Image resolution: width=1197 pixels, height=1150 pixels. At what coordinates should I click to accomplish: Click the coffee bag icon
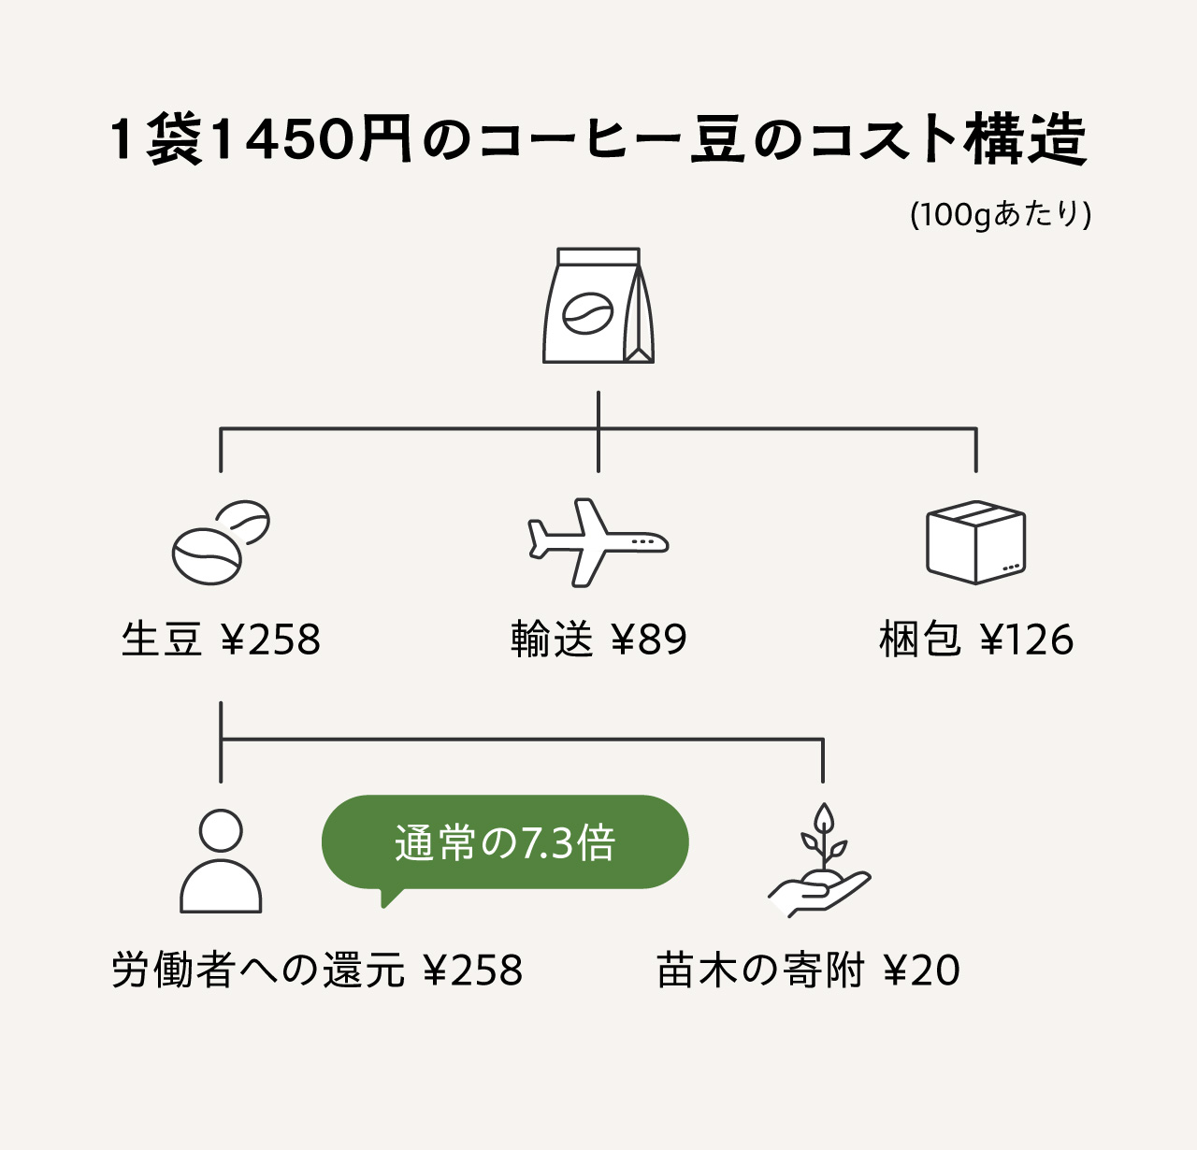pyautogui.click(x=598, y=306)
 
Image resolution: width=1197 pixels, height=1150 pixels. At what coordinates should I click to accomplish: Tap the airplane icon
pyautogui.click(x=598, y=542)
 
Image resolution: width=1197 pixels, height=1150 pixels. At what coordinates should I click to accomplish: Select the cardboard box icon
pyautogui.click(x=975, y=542)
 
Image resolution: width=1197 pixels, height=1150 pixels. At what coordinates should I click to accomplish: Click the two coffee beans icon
pyautogui.click(x=221, y=542)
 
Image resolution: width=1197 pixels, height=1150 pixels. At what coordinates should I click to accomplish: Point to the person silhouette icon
pyautogui.click(x=221, y=860)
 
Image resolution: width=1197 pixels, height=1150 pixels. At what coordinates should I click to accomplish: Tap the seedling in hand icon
pyautogui.click(x=820, y=860)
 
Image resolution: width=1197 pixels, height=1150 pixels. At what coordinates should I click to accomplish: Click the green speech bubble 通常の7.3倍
pyautogui.click(x=505, y=842)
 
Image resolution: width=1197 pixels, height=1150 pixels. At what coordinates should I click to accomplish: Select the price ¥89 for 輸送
pyautogui.click(x=649, y=640)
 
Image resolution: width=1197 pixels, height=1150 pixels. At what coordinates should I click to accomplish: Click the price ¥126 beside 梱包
pyautogui.click(x=1027, y=640)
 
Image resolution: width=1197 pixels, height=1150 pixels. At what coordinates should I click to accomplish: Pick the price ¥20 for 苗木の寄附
pyautogui.click(x=922, y=970)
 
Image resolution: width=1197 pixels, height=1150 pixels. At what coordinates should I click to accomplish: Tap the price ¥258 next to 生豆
pyautogui.click(x=271, y=640)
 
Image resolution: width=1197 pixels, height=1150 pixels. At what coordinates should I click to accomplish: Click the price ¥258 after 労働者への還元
pyautogui.click(x=473, y=970)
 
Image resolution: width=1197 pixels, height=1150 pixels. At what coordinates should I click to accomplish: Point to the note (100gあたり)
pyautogui.click(x=1001, y=214)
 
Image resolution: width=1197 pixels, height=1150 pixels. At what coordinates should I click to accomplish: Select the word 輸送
pyautogui.click(x=552, y=640)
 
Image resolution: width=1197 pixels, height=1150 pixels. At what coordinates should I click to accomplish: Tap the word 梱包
pyautogui.click(x=920, y=640)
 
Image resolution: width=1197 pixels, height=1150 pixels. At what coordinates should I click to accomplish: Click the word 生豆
pyautogui.click(x=162, y=640)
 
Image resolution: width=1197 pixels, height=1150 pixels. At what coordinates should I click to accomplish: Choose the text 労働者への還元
pyautogui.click(x=258, y=970)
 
